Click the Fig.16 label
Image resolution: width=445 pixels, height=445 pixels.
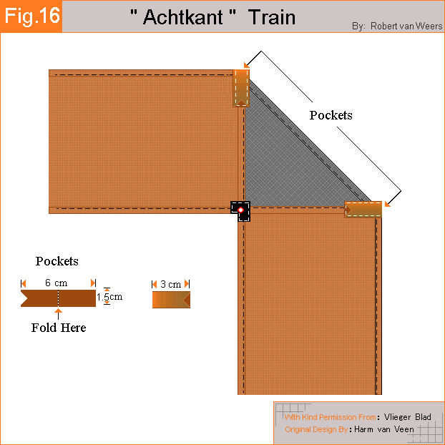coord(32,16)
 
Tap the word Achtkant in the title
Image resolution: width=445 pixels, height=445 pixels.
coord(183,17)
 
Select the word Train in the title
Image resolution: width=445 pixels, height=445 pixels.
coord(272,17)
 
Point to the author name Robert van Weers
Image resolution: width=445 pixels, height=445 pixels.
coord(406,26)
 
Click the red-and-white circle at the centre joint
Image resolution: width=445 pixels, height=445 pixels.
coord(240,210)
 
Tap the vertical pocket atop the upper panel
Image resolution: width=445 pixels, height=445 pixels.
coord(241,88)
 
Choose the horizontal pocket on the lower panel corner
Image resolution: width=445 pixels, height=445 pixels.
coord(363,210)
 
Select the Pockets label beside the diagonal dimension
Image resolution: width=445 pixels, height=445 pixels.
coord(331,115)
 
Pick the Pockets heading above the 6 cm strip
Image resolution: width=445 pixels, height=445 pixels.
coord(57,261)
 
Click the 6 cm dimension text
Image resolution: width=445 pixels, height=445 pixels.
coord(57,283)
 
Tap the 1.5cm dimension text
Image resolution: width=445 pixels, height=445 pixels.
coord(109,297)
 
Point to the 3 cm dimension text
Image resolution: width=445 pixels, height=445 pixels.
coord(170,284)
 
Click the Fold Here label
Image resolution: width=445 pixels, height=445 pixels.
coord(59,328)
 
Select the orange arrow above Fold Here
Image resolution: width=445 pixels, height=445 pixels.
coord(58,314)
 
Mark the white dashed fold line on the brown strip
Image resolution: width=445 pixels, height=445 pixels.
coord(58,298)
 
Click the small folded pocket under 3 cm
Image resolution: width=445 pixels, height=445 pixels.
coord(171,300)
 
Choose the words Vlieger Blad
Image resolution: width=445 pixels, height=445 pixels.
coord(408,417)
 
